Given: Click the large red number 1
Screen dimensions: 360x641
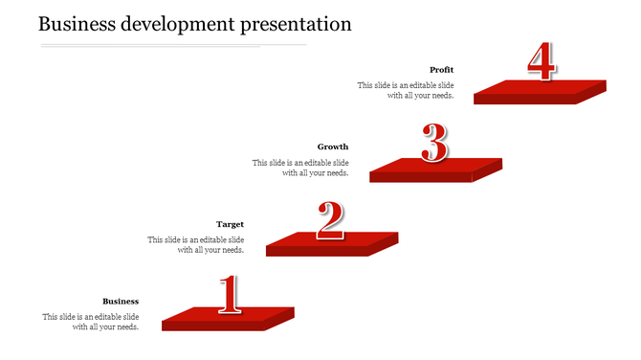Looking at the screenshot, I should [228, 295].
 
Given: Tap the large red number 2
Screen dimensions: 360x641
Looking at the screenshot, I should [330, 221].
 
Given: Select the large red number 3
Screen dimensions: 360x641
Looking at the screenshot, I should [434, 144].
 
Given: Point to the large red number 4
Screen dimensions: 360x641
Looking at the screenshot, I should [541, 61].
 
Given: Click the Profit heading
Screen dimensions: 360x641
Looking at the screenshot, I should [441, 70].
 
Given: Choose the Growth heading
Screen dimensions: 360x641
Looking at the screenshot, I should [333, 147].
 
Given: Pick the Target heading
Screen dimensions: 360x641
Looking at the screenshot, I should [230, 225].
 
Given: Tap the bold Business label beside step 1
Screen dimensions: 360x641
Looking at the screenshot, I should [121, 302].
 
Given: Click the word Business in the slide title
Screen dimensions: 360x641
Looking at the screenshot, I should [79, 24].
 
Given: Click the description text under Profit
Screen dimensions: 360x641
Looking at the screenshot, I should [406, 90].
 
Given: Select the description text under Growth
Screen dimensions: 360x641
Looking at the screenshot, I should [300, 168].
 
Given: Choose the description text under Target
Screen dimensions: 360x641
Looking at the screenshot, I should [195, 245].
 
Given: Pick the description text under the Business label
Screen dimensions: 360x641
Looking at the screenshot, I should [91, 322].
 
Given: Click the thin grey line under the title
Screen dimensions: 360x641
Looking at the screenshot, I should [172, 44].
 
